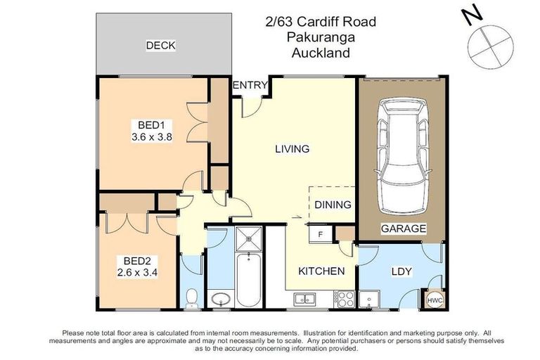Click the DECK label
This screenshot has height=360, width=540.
[160, 46]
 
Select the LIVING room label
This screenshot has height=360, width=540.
[292, 148]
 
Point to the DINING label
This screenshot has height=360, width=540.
[333, 205]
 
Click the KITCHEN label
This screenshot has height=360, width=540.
[321, 271]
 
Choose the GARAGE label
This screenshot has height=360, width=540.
[404, 229]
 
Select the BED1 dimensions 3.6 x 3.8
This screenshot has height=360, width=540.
[152, 138]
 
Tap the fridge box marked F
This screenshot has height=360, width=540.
[321, 233]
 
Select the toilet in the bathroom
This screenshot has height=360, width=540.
[193, 299]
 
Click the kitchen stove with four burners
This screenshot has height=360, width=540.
[345, 297]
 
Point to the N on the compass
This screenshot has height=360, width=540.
[472, 15]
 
